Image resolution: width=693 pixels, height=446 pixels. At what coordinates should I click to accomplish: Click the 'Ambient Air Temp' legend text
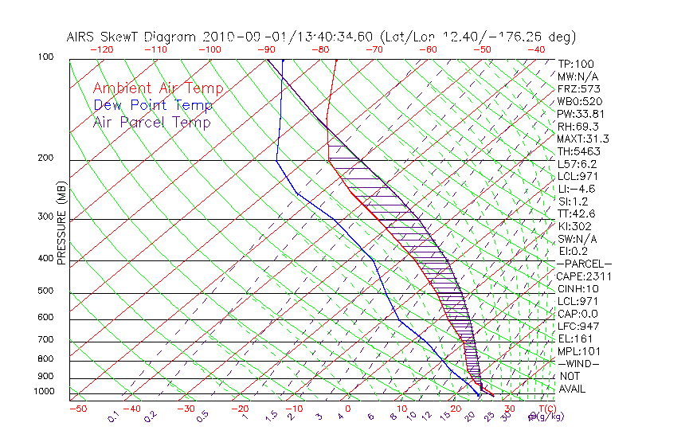(158, 88)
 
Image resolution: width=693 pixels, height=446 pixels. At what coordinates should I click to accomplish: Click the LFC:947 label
(577, 327)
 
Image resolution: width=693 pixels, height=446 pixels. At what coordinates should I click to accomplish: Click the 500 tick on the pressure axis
(46, 291)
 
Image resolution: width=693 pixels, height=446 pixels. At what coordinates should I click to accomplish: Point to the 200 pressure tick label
(46, 158)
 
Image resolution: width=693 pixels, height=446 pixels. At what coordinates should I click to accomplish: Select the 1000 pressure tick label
(44, 392)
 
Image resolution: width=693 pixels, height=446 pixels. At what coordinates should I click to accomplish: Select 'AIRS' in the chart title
(84, 37)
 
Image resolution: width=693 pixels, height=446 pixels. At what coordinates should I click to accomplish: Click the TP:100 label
(575, 64)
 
